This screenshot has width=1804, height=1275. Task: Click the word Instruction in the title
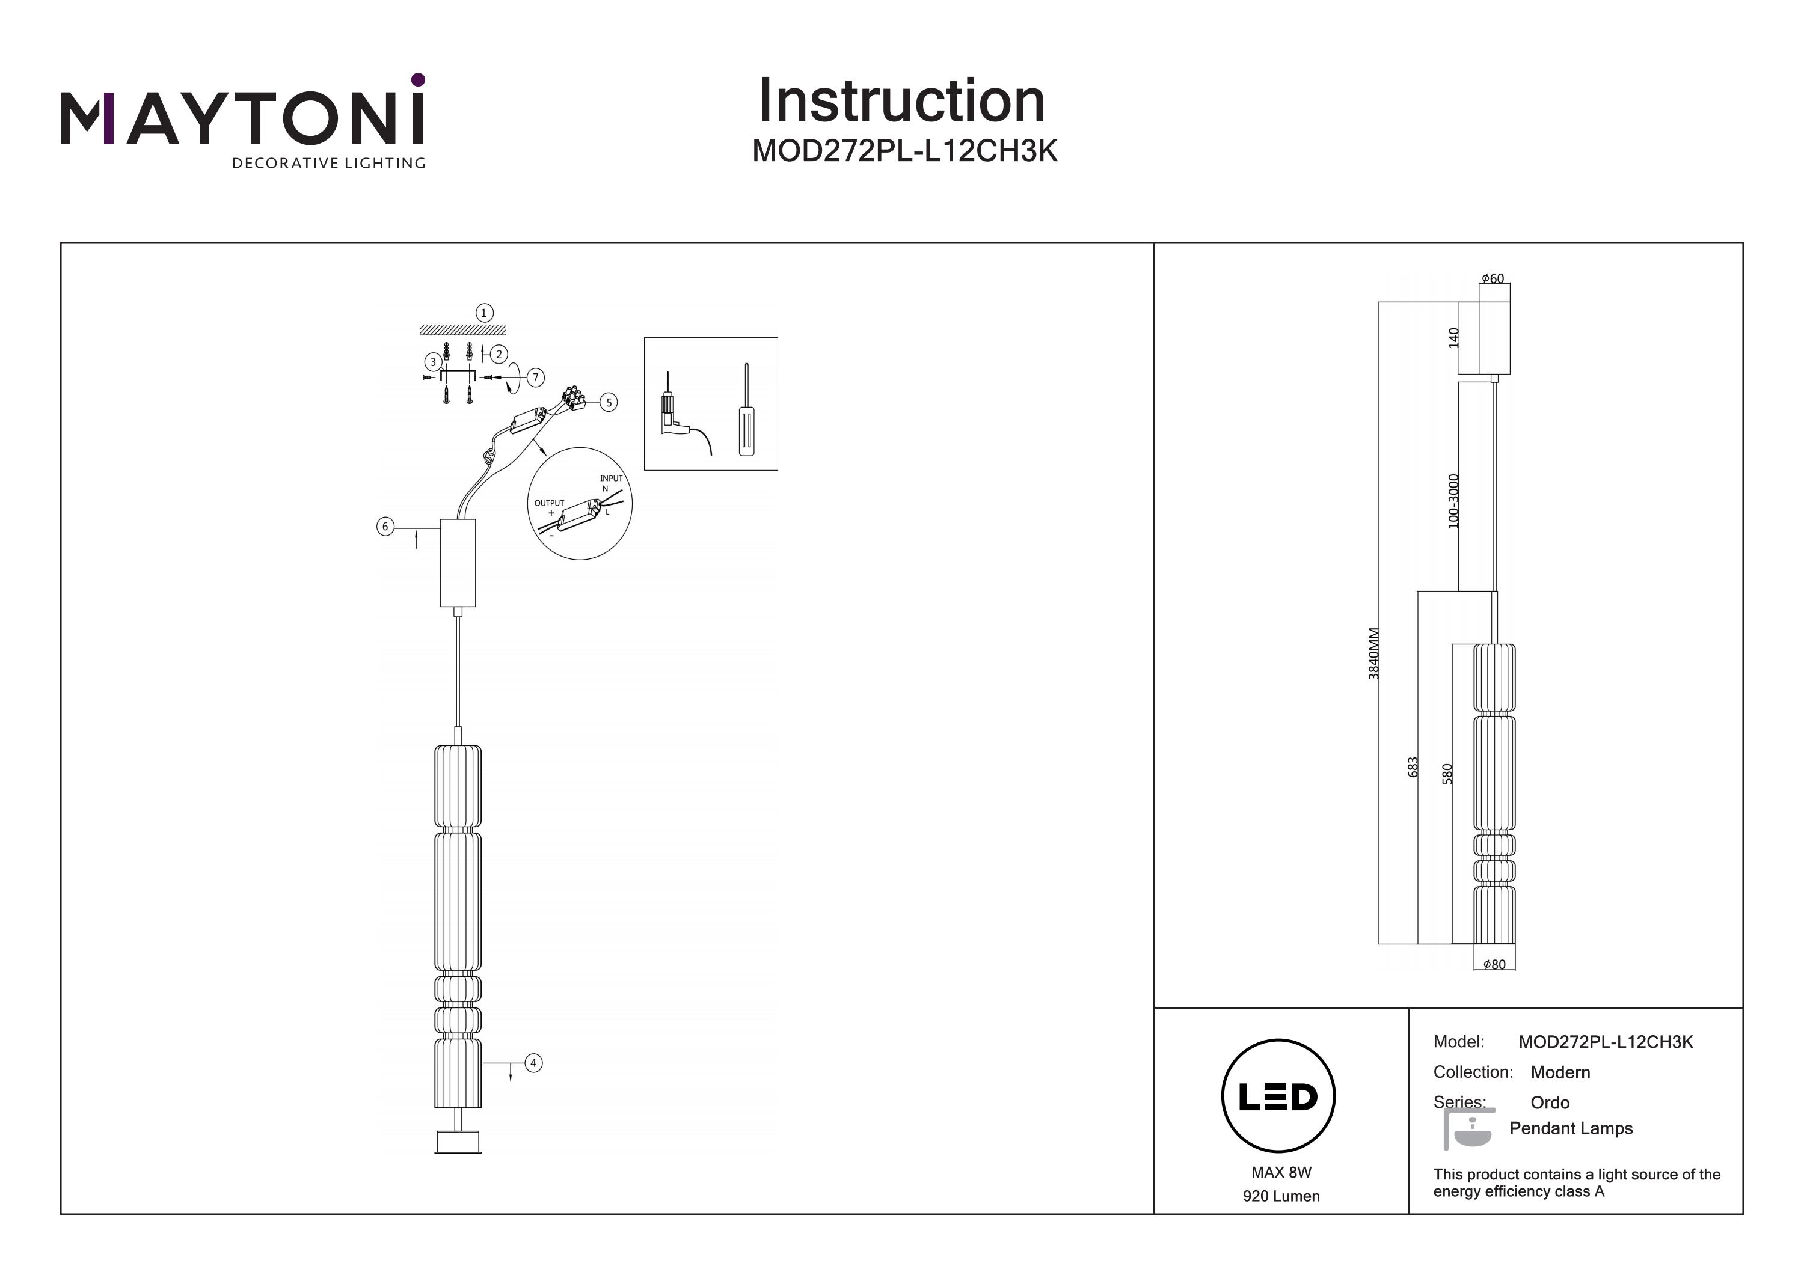coord(901,102)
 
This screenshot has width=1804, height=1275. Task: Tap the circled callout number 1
coord(484,313)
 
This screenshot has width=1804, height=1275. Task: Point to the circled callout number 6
coord(385,527)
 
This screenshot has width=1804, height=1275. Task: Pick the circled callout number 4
coord(533,1063)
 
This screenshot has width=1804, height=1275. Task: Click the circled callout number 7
coord(536,378)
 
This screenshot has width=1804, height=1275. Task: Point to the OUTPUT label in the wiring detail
coord(549,503)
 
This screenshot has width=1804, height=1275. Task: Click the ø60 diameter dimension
coord(1493,279)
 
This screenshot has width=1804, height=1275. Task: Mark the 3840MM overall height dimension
coord(1373,653)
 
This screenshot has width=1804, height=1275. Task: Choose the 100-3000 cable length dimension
coord(1453,500)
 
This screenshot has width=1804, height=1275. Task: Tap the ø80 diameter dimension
coord(1494,965)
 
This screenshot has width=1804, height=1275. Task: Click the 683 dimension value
coord(1413,766)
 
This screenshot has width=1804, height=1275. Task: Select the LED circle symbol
coord(1278,1096)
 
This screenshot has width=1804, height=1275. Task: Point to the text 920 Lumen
coord(1281,1196)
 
